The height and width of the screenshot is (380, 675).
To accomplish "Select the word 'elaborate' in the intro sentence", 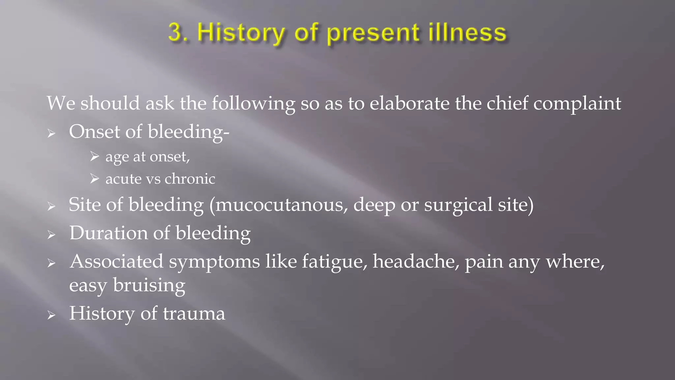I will tap(409, 103).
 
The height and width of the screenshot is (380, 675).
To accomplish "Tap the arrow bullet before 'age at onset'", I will tap(94, 156).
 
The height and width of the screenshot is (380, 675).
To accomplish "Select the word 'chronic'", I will tap(190, 179).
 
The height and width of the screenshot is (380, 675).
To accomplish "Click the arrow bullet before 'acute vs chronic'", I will tap(94, 179).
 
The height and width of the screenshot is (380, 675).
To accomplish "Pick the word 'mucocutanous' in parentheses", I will tap(281, 205).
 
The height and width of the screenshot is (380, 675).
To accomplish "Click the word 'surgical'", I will tap(458, 205).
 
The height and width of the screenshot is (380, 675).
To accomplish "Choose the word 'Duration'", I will tap(108, 233).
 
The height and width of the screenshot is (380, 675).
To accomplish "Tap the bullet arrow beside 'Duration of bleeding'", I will tap(51, 235).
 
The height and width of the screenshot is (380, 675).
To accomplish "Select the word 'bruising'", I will tap(149, 286).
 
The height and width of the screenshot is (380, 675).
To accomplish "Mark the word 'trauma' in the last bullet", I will tap(194, 313).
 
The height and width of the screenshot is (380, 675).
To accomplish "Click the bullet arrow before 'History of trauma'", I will tap(51, 315).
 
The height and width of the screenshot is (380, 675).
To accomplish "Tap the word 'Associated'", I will tap(116, 261).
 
